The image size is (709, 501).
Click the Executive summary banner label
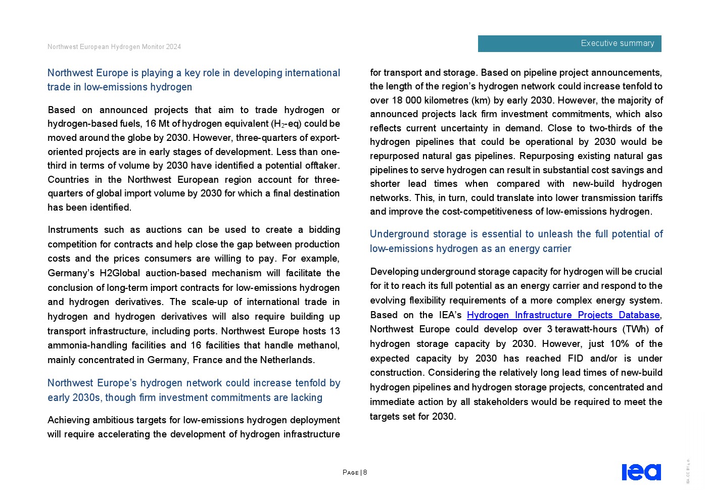(x=617, y=43)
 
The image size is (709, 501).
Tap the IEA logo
(x=641, y=472)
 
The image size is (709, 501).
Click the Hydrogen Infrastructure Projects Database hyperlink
(x=563, y=315)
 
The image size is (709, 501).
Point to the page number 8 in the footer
(x=365, y=473)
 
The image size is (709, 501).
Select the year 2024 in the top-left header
(x=173, y=47)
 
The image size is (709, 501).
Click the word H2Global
(x=120, y=273)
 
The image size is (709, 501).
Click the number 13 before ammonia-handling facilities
(x=335, y=331)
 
